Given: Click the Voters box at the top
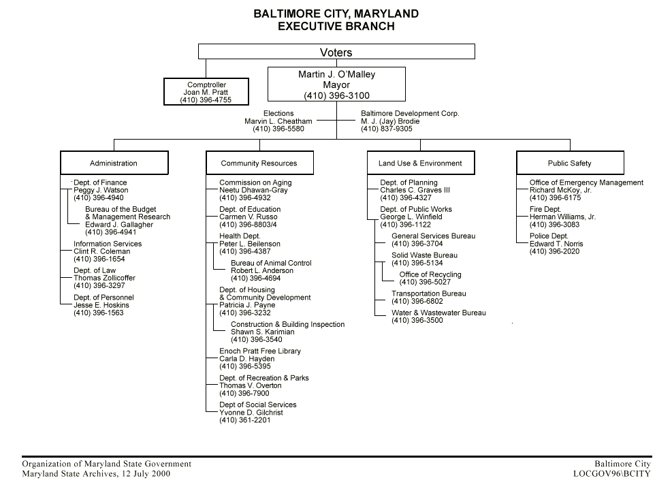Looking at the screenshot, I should (336, 52).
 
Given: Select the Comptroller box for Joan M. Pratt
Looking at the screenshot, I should (206, 92).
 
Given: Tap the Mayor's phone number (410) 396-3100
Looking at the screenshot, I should (336, 95).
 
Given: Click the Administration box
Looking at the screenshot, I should (114, 163).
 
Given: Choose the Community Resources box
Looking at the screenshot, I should (259, 163).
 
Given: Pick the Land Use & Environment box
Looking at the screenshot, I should (420, 163).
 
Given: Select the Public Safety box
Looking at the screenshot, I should (569, 163).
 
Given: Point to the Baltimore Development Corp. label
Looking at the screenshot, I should (410, 114).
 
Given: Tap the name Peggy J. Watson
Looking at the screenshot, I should (101, 191).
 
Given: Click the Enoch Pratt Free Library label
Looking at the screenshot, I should (259, 351).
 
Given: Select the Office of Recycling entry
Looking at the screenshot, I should (430, 274).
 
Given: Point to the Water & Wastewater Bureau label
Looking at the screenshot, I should (438, 313).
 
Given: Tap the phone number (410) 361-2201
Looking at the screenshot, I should (244, 420).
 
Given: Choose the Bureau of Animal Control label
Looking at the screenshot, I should (271, 263).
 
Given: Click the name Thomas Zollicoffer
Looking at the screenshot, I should (104, 278).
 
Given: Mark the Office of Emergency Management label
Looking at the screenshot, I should (586, 183).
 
